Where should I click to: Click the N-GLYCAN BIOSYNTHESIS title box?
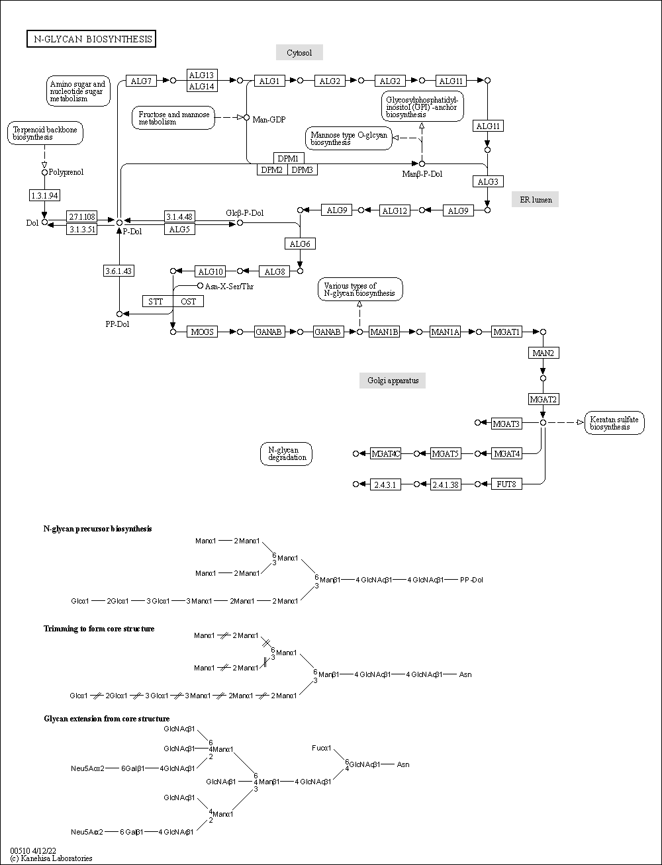(x=91, y=39)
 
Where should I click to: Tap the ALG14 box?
(x=201, y=87)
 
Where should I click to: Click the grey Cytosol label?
(x=299, y=53)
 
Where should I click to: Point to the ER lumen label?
(x=535, y=199)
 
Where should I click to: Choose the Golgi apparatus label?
(x=393, y=381)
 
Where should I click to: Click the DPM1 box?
(x=288, y=159)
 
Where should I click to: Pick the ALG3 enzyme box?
(x=488, y=181)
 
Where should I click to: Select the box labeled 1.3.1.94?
(x=45, y=195)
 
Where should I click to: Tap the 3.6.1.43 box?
(x=119, y=271)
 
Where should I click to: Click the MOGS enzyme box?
(x=203, y=332)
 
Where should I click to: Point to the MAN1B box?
(x=384, y=332)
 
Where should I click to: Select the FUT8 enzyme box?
(x=507, y=484)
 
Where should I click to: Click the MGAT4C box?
(x=385, y=453)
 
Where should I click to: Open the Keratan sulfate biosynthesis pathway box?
(x=615, y=423)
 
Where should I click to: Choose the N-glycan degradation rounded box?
(x=286, y=454)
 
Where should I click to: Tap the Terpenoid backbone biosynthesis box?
(x=44, y=133)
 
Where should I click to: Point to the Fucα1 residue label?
(x=322, y=748)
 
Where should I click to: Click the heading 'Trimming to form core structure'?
(x=99, y=628)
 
